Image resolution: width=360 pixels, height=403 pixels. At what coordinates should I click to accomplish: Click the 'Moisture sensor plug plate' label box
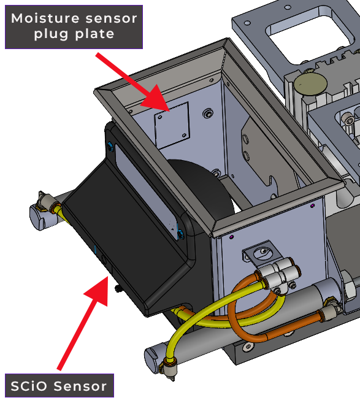coord(74,27)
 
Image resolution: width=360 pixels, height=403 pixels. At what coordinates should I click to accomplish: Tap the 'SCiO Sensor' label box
coord(59,386)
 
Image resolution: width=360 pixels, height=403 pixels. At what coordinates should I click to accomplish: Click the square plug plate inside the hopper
coord(172,125)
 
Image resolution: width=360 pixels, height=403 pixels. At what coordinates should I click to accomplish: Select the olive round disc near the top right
coord(311,84)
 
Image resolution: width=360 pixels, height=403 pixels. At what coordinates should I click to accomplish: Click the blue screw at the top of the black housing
coord(111,147)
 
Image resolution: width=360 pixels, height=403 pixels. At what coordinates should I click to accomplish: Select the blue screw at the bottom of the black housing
coord(181,234)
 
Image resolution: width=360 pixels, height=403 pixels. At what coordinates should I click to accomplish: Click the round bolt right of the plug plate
coord(208,113)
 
